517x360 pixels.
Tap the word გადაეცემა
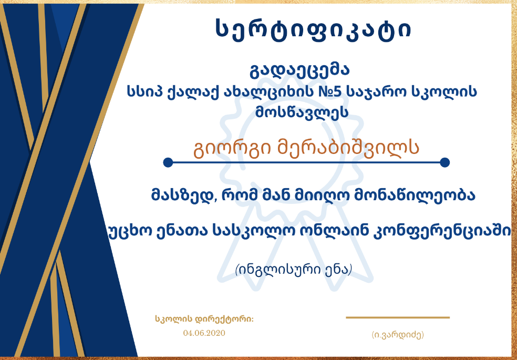coord(299,70)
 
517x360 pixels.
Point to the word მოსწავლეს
coord(302,112)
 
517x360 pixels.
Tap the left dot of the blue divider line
coord(168,162)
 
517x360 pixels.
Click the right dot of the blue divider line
coord(445,162)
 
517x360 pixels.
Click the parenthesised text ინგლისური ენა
coord(294,270)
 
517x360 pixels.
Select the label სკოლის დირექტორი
coord(204,319)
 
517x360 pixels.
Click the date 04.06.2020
coord(204,333)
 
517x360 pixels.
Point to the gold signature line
coord(398,318)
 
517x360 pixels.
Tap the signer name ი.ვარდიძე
coord(398,335)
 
